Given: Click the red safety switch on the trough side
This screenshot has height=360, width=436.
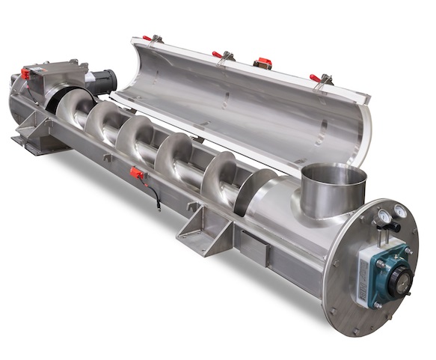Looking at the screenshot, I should click(136, 174).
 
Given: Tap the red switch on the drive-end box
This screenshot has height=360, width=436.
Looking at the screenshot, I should click(25, 73).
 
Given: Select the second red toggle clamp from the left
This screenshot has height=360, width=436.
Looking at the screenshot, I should click(218, 55).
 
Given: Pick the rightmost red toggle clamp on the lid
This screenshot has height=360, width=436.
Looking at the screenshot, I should click(317, 78).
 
